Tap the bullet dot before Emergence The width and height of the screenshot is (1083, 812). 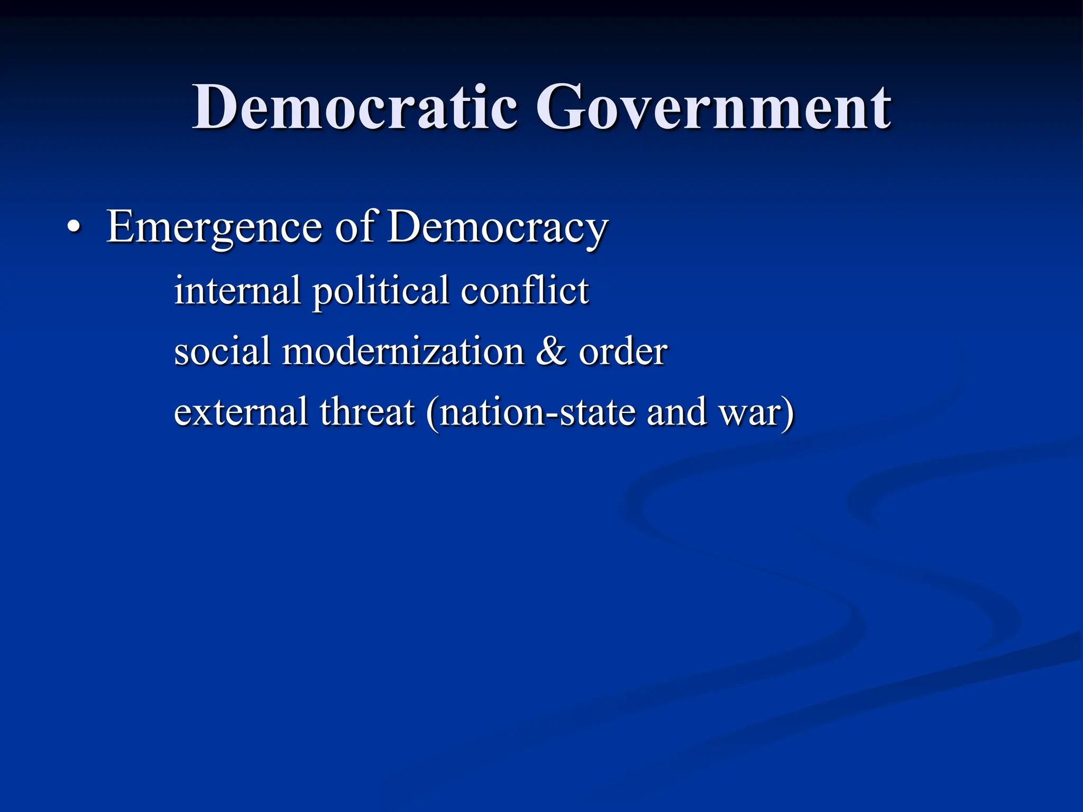click(x=75, y=227)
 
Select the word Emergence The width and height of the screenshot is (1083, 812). click(x=214, y=227)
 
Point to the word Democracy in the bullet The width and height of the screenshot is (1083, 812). click(x=498, y=227)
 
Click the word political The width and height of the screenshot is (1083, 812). click(x=381, y=291)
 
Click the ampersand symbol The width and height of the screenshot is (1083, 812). click(x=551, y=351)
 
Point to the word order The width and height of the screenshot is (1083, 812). click(x=623, y=351)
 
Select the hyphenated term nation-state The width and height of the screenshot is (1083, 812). click(x=537, y=412)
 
